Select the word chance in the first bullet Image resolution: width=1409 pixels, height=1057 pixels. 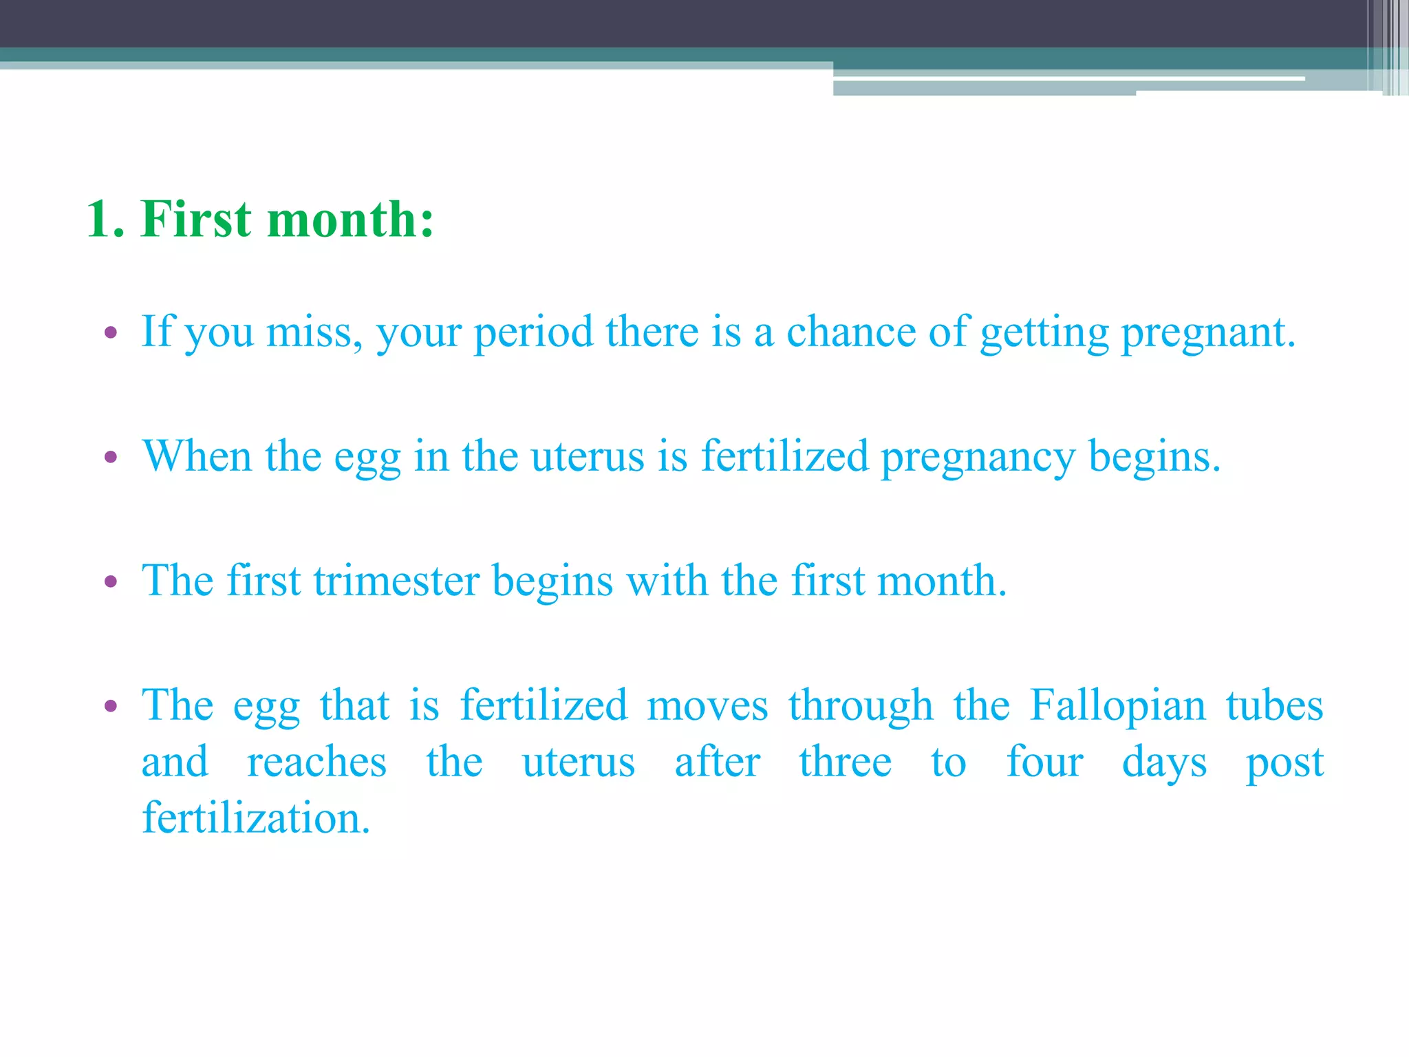[850, 332]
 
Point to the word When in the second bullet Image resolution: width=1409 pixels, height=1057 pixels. [197, 456]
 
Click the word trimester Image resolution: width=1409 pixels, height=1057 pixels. [396, 581]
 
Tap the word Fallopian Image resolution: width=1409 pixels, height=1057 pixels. [1118, 707]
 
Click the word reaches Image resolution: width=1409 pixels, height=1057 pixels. [316, 762]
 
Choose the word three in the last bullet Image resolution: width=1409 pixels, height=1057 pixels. [846, 762]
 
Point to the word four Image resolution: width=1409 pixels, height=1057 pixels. [1044, 762]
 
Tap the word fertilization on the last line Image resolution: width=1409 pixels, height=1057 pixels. [256, 818]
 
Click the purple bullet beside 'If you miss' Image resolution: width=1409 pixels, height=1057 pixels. [111, 334]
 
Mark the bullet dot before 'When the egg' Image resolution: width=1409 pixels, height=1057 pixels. [111, 458]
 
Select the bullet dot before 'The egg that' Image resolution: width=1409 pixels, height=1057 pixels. [111, 707]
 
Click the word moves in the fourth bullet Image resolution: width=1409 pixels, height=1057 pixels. [707, 707]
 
